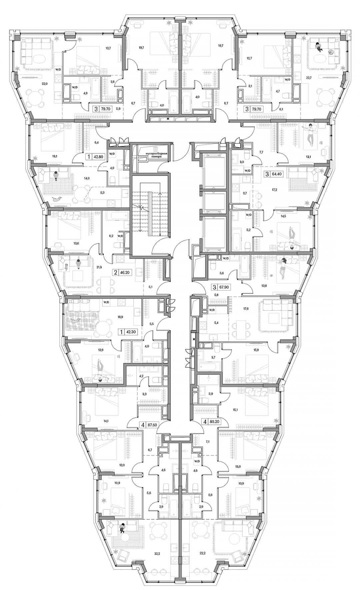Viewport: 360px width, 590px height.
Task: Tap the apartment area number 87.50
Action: [152, 425]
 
